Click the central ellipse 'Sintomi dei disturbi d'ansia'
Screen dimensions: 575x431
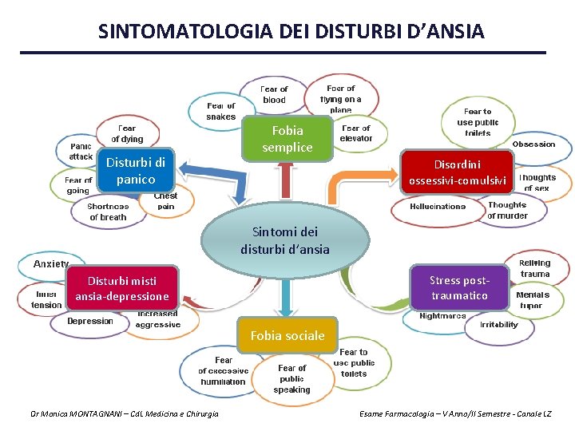[285, 240]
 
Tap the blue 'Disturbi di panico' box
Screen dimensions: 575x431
[136, 171]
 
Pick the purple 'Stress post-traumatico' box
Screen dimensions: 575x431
[458, 287]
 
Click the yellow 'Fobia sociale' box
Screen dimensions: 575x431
[287, 335]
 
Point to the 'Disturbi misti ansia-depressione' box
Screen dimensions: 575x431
[122, 288]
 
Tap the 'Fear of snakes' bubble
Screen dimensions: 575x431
[220, 111]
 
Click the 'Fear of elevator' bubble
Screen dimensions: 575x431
[356, 132]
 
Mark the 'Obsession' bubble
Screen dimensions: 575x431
[533, 144]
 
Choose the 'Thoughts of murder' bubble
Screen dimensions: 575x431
[507, 210]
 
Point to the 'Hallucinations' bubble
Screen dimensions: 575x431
[438, 207]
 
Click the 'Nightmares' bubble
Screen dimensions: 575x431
[442, 316]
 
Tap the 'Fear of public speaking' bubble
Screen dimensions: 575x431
[291, 378]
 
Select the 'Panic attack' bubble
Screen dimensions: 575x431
[80, 152]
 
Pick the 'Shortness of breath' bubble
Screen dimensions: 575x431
[108, 212]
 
